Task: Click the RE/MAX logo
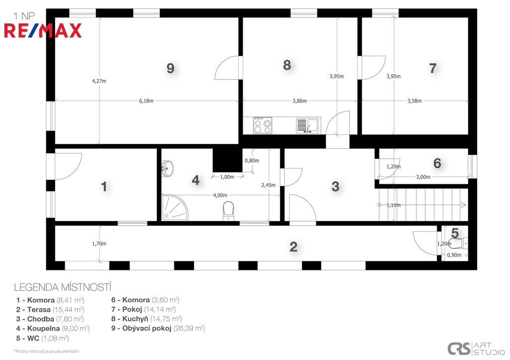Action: pos(43,30)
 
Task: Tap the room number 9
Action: pos(170,68)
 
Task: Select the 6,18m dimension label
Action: pos(146,101)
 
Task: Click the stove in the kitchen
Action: pos(262,125)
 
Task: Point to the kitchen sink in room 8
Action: pos(307,125)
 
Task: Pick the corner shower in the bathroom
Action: pos(175,208)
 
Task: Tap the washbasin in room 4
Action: pos(167,168)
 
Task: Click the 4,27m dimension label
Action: pos(99,81)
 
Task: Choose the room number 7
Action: pos(433,68)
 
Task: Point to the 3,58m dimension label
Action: pos(414,101)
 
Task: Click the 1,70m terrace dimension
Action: pos(99,243)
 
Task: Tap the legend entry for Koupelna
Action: pos(53,329)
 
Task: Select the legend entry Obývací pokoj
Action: pos(158,329)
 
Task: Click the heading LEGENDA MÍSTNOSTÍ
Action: pos(63,287)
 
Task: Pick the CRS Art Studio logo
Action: pos(476,349)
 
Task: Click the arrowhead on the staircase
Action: pos(464,205)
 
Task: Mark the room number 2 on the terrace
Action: pos(293,247)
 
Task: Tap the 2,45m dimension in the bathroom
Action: pos(268,185)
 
